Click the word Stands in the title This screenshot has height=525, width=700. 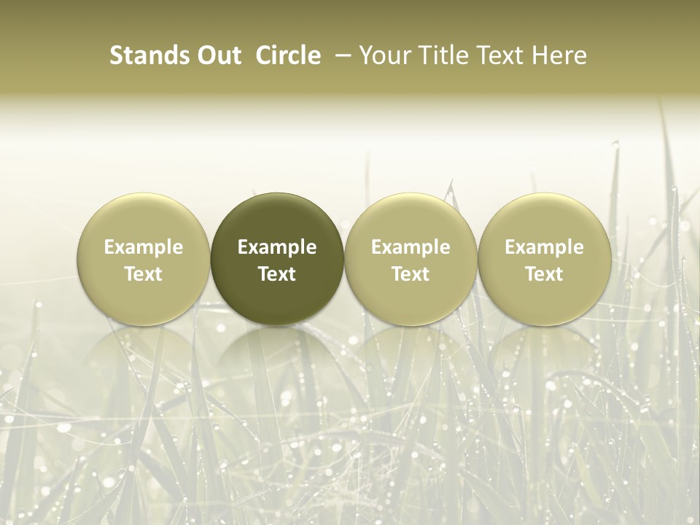(x=149, y=55)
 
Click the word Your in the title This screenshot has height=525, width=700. (x=383, y=55)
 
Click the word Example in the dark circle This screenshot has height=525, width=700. (x=277, y=247)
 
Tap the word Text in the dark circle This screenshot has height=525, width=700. (x=277, y=274)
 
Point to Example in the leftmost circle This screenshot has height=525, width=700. (x=144, y=247)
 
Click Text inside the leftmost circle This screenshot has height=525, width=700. (x=144, y=274)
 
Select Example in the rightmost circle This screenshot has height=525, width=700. (x=544, y=247)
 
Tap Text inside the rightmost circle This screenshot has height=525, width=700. (x=544, y=274)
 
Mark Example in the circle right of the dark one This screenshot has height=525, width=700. (x=411, y=247)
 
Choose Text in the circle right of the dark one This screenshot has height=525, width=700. (x=411, y=274)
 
